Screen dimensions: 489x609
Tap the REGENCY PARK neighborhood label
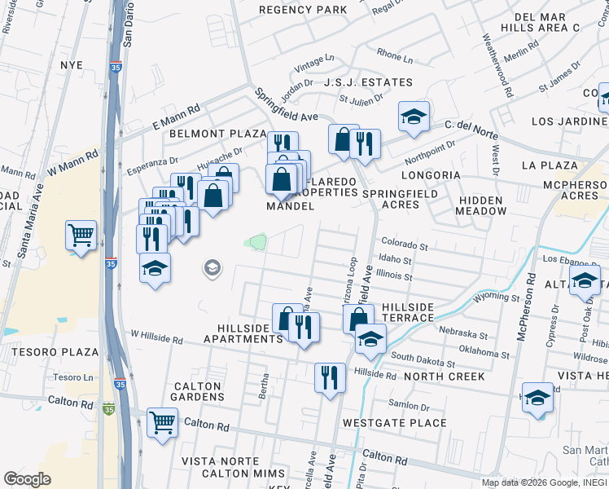(303, 10)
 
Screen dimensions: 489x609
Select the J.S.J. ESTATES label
(368, 82)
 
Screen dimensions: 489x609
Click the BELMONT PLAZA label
(217, 133)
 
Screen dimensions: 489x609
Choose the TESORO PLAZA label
(55, 353)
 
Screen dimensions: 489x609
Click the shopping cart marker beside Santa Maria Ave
(81, 236)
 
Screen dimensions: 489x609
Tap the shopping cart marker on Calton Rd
(162, 422)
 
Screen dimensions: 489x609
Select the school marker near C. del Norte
(414, 117)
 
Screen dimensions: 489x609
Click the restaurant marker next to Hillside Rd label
(330, 377)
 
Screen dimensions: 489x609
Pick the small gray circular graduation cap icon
(212, 267)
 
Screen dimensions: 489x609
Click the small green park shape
(257, 242)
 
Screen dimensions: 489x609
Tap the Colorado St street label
(404, 244)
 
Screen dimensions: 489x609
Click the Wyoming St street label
(496, 297)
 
